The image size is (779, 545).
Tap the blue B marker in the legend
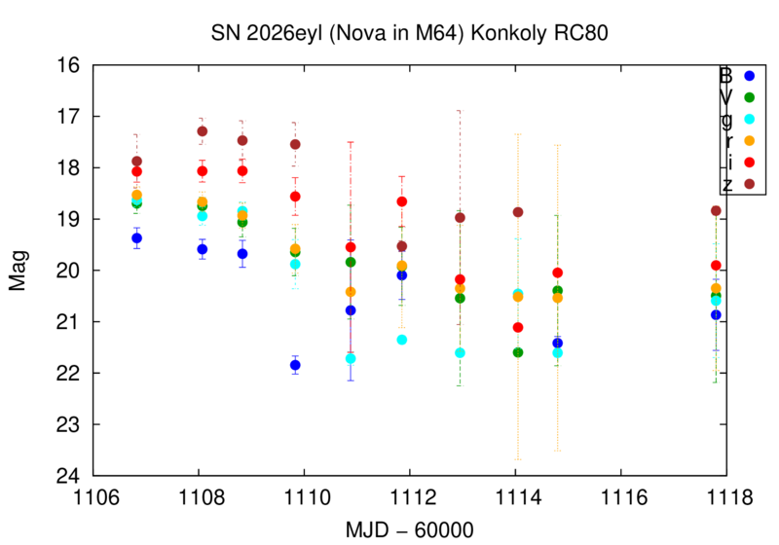749,75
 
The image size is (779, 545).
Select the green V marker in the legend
749,97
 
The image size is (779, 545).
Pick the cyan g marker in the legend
749,119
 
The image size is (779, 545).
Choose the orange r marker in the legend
749,140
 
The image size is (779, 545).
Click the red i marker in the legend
749,162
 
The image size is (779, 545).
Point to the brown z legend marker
749,183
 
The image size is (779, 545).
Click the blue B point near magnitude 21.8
295,365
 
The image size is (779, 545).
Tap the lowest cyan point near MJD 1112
401,340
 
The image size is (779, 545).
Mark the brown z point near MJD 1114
518,212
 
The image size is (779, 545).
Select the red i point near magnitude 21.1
518,327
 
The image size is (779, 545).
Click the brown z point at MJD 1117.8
716,210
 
